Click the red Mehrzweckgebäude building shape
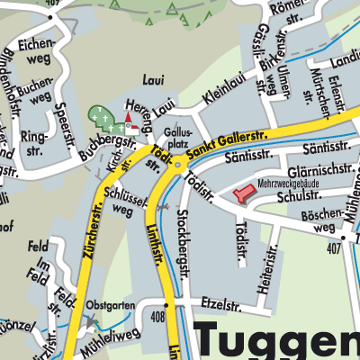(244, 193)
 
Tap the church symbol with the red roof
(131, 120)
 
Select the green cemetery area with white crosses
(103, 121)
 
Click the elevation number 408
(158, 317)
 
